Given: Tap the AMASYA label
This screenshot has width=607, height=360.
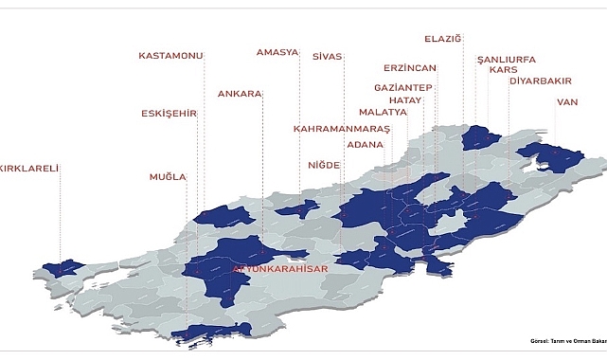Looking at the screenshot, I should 278,52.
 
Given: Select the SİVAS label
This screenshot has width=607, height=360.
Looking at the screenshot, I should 328,57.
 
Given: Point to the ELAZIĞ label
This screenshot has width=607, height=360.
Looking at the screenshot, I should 442,39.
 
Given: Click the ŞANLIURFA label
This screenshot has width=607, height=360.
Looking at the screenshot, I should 507,59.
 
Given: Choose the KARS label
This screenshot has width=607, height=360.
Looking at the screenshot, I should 502,70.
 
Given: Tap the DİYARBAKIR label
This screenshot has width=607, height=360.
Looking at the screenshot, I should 541,81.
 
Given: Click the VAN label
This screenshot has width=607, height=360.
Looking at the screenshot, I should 567,101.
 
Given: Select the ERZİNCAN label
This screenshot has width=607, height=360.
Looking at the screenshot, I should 410,69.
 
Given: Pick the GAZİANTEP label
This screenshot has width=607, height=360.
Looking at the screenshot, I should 403,88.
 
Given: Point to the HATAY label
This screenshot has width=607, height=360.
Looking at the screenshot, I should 404,99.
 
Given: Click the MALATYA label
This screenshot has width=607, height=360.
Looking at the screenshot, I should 383,112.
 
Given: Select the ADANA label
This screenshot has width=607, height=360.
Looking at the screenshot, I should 366,145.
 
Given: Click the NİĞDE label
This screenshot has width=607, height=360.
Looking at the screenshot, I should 324,165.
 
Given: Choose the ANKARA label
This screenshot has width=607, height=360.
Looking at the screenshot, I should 240,94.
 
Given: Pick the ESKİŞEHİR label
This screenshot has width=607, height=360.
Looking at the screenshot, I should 169,114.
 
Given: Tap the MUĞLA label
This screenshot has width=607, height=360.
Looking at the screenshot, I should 168,177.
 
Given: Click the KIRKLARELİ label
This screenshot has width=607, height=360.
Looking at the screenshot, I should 30,169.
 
